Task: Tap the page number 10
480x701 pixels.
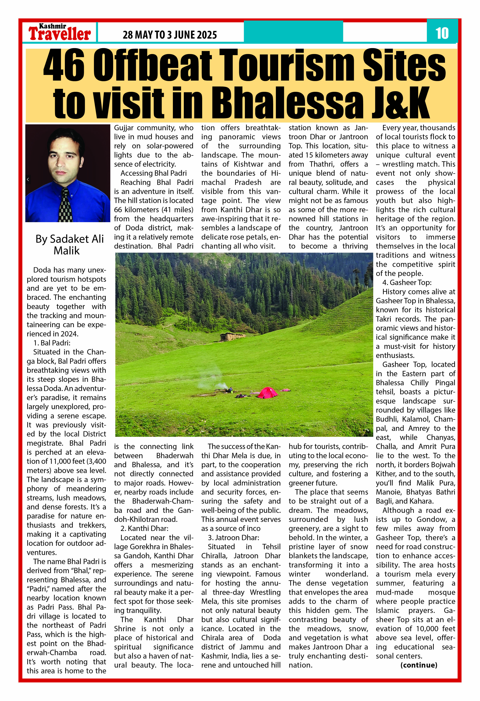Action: tap(442, 33)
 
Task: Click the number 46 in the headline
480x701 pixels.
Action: tap(64, 66)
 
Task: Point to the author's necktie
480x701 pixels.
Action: tap(65, 205)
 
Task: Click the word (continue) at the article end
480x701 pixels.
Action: tap(419, 665)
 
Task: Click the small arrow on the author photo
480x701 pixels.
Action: tap(28, 179)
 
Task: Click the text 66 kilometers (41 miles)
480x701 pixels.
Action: tap(153, 210)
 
